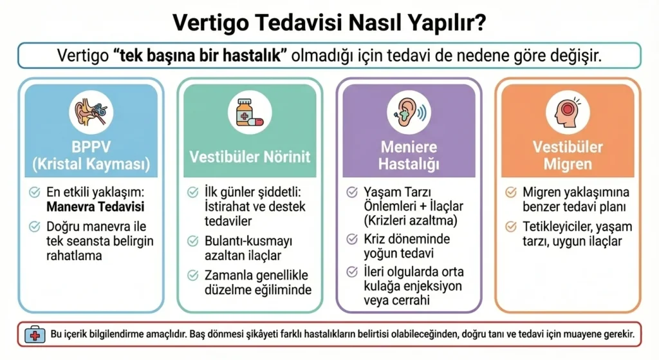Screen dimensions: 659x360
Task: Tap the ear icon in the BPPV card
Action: coord(91,112)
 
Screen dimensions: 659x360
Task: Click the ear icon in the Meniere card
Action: coord(409,112)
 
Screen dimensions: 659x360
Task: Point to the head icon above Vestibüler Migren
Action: coord(568,112)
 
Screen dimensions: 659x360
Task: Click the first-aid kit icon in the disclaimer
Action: coord(35,335)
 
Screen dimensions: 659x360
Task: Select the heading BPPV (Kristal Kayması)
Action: coord(91,155)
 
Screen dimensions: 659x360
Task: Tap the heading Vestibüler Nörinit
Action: coord(250,157)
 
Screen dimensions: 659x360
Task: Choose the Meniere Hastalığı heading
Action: coord(409,155)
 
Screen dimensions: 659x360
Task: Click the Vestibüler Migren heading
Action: coord(568,155)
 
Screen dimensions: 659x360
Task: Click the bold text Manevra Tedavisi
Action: coord(95,207)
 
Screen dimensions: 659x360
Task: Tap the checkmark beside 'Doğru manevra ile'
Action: coord(35,227)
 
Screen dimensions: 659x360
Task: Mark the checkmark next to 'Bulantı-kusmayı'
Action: coord(193,241)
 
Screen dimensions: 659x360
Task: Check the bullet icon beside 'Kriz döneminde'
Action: coord(352,239)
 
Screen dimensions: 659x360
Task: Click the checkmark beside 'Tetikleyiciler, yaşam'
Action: coord(510,227)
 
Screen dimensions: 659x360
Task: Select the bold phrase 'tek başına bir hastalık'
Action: coord(200,56)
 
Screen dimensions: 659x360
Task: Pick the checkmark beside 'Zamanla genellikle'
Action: coord(193,275)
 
